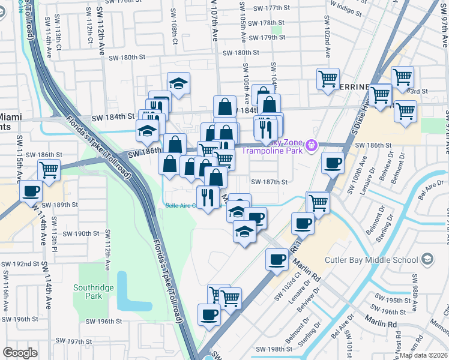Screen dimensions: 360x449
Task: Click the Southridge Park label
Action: point(93,292)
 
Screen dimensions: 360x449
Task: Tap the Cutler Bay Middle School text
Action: point(370,260)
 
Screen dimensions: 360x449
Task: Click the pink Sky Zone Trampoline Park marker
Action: point(311,145)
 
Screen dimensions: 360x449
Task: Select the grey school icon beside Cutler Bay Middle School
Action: point(427,259)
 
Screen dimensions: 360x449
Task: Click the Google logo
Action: point(20,353)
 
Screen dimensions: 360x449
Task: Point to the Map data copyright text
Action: point(424,355)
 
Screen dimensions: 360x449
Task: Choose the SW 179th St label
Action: point(266,37)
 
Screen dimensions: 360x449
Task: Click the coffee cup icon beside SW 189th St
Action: point(31,191)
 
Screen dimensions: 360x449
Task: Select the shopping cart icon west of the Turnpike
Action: point(49,170)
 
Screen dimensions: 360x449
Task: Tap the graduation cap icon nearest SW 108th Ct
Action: point(178,84)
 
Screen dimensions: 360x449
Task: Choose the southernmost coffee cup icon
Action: point(209,314)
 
